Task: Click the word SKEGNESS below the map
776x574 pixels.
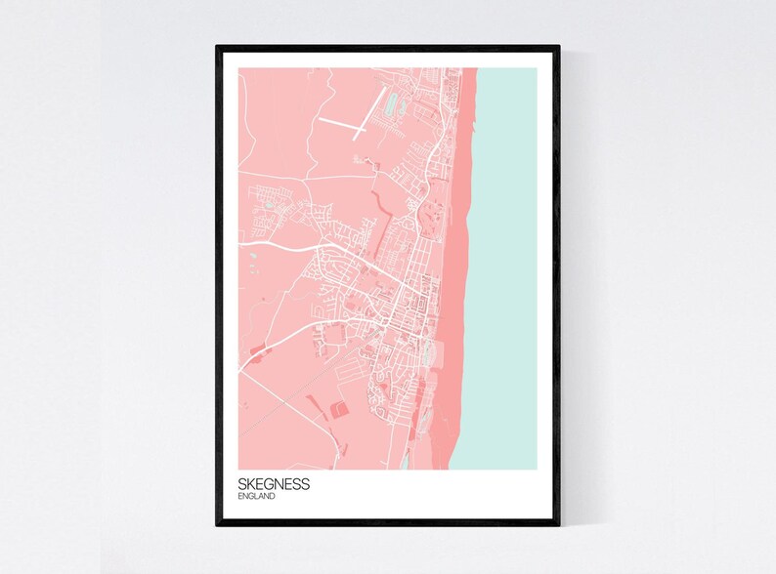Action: coord(273,483)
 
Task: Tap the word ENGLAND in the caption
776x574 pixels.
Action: coord(256,496)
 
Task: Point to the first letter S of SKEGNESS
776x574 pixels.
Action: coord(241,483)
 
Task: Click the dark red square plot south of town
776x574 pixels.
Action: coord(339,410)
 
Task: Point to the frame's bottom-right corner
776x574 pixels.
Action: coord(558,524)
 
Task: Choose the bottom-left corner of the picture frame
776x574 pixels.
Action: coord(218,524)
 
